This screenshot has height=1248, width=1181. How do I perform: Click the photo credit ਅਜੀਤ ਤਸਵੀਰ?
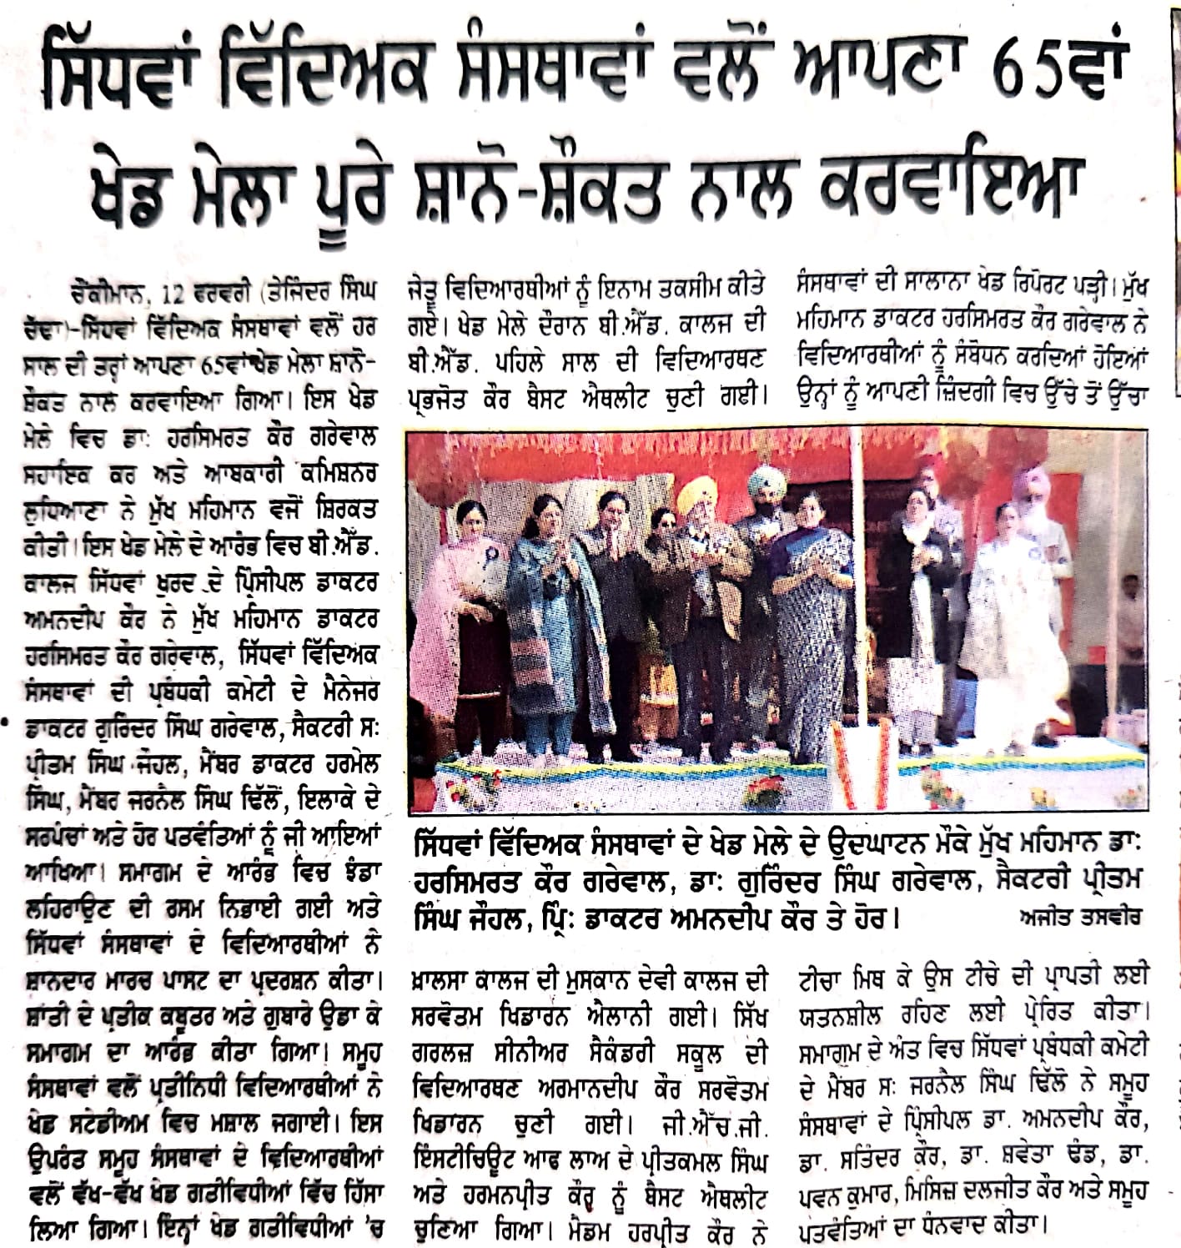point(1080,917)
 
